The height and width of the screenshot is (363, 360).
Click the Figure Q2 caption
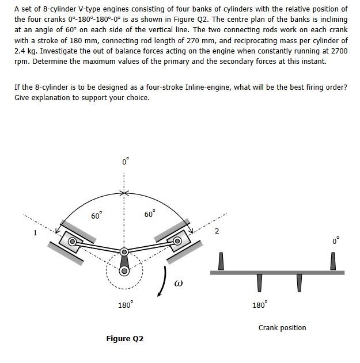point(124,338)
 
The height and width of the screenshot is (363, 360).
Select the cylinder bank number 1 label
point(35,233)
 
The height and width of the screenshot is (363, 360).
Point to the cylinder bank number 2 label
point(217,231)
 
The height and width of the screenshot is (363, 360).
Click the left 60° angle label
point(97,216)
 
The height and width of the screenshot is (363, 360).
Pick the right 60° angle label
point(149,215)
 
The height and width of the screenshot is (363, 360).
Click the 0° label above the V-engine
point(124,162)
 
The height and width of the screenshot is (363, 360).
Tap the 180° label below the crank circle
point(124,304)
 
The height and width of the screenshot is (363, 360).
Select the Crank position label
point(282,328)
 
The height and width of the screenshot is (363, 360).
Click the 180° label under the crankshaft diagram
point(259,304)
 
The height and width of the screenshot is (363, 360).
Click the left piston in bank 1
point(74,242)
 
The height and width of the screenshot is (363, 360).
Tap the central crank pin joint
point(124,252)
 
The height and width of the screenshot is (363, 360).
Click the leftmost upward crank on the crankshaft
point(221,262)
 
